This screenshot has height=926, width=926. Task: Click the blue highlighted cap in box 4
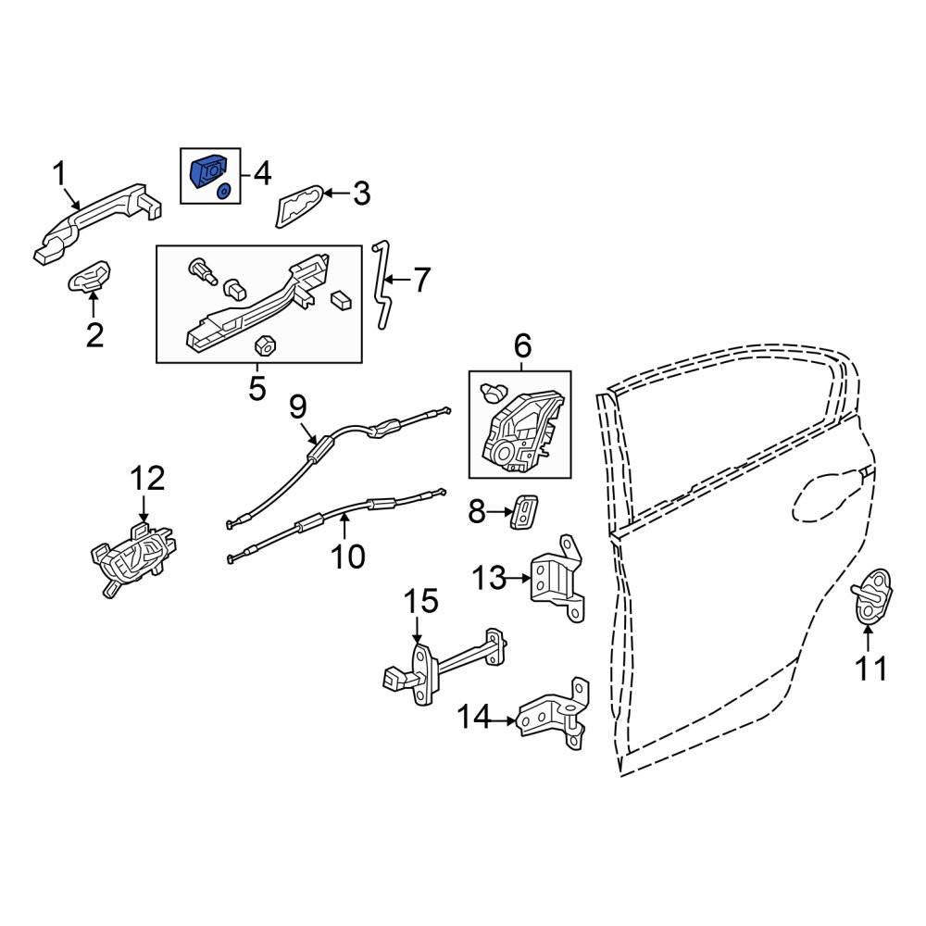pyautogui.click(x=207, y=171)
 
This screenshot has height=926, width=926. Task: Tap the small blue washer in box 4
pyautogui.click(x=224, y=191)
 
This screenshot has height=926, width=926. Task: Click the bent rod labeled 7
pyautogui.click(x=382, y=284)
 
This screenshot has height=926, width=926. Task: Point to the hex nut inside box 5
pyautogui.click(x=265, y=345)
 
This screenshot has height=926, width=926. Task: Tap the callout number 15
pyautogui.click(x=421, y=601)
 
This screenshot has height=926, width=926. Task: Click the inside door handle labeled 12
pyautogui.click(x=133, y=559)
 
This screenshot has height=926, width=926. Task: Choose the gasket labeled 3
pyautogui.click(x=299, y=206)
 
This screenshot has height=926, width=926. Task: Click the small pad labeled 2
pyautogui.click(x=90, y=276)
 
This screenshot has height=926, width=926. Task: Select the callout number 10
pyautogui.click(x=348, y=557)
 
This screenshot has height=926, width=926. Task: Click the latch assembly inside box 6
pyautogui.click(x=522, y=432)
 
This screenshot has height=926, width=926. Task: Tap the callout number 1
pyautogui.click(x=59, y=174)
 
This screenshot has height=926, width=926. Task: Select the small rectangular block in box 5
pyautogui.click(x=341, y=300)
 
